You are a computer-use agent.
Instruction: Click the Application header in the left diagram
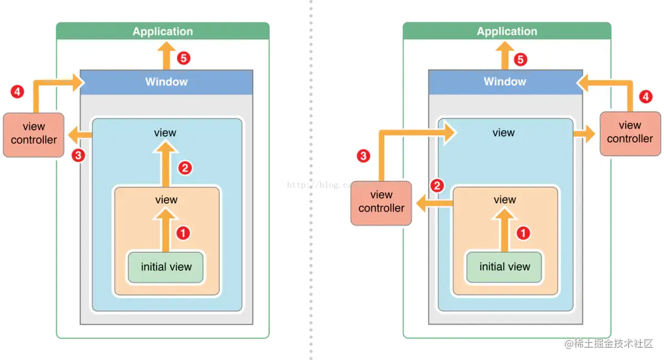(163, 32)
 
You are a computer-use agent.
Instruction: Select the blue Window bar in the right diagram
(505, 82)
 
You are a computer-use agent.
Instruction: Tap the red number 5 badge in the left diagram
(183, 58)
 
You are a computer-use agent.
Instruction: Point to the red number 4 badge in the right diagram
(645, 96)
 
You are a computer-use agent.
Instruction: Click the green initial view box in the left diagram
(166, 267)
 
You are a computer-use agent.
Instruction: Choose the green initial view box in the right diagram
(505, 267)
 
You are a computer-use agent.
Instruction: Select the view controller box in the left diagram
(34, 133)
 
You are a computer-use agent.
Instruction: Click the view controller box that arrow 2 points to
(381, 202)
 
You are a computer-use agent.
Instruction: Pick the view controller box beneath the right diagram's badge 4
(630, 133)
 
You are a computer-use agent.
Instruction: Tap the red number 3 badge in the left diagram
(79, 155)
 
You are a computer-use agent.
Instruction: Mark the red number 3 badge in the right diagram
(363, 156)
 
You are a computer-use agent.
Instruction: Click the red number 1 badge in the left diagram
(183, 233)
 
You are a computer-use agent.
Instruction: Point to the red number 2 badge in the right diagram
(437, 186)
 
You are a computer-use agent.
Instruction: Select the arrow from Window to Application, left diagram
(163, 55)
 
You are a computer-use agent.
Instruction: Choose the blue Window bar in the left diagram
(167, 82)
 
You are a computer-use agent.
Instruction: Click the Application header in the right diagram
(507, 32)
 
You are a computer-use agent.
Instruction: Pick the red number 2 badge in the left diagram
(185, 168)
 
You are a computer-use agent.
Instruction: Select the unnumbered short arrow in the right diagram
(584, 133)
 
